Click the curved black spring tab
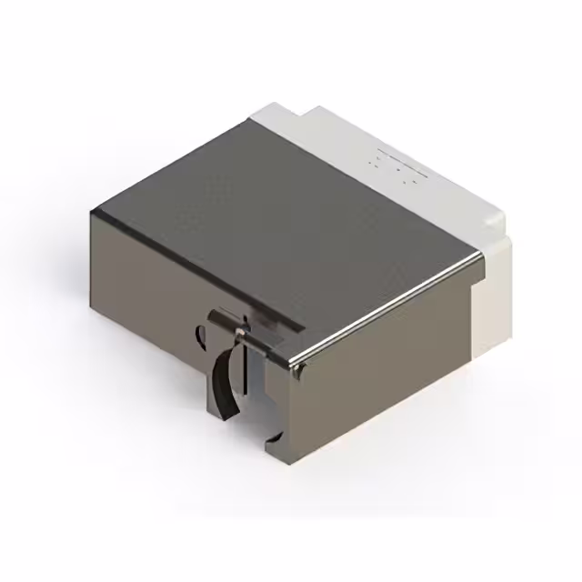225,377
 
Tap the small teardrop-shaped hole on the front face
201,336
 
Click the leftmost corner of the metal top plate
92,211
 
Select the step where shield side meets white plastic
476,273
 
